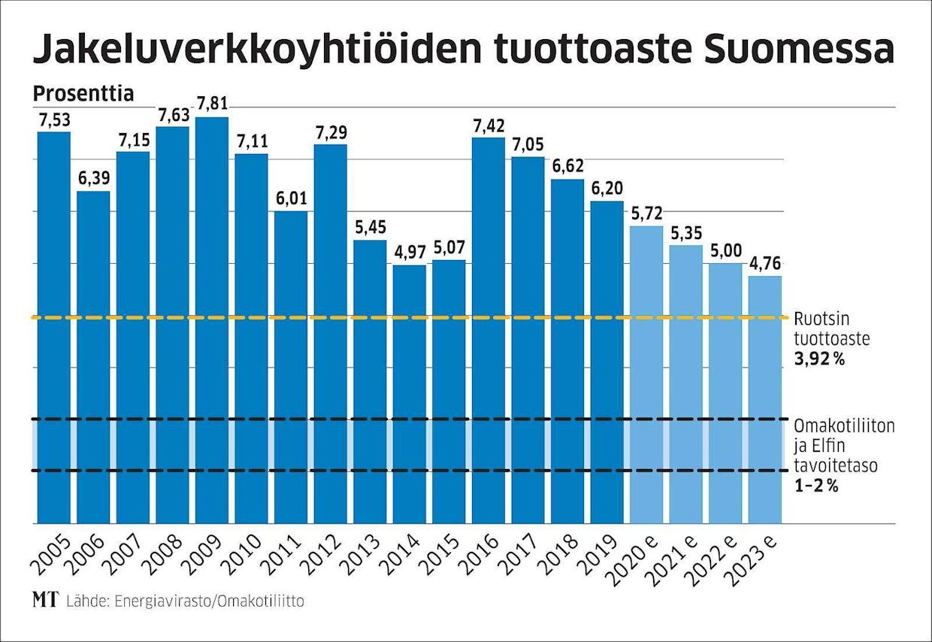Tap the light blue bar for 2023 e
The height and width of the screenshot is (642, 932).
[x=765, y=399]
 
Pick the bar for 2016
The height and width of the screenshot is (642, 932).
[x=489, y=330]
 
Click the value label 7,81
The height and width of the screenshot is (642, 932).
[x=212, y=103]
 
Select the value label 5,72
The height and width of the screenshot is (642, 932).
[x=646, y=213]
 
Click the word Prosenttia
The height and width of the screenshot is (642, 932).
[x=83, y=95]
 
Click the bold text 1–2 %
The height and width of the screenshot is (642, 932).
[x=816, y=486]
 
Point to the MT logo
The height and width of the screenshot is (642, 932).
[x=45, y=601]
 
